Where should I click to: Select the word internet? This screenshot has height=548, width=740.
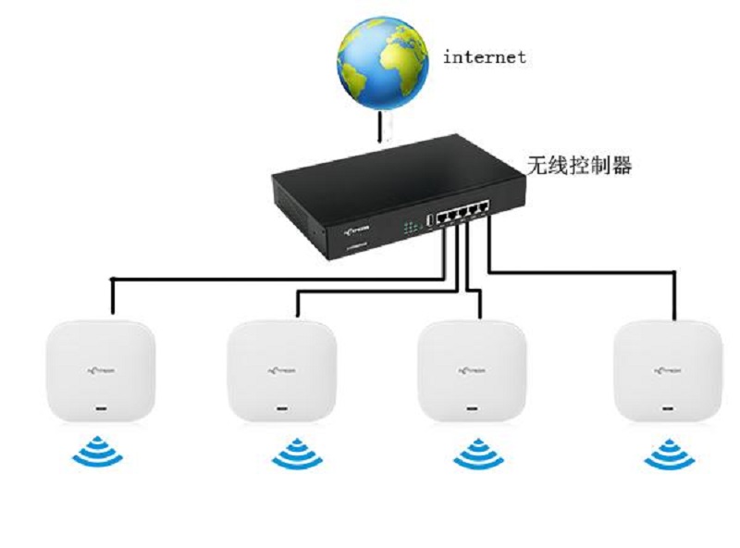coord(485,57)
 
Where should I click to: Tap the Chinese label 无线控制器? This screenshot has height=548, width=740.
coord(578,167)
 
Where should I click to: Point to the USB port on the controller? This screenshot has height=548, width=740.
coord(430,219)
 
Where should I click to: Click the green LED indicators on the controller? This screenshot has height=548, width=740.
coord(411,226)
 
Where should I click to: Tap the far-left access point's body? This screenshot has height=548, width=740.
coord(100,370)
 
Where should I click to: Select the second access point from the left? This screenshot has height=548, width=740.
coord(283,370)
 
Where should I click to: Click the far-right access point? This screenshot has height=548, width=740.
coord(667,370)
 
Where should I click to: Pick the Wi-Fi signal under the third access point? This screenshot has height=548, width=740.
coord(475,453)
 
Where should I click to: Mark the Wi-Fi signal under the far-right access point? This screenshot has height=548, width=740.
coord(670,453)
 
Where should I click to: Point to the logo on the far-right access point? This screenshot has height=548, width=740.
coord(668,368)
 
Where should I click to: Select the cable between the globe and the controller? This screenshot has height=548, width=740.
coord(380,125)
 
